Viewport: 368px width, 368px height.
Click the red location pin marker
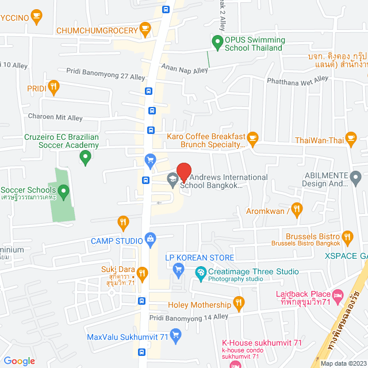pos(183,172)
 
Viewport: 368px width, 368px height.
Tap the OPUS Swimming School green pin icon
pos(217,41)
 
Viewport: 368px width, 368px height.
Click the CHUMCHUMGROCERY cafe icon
pos(145,29)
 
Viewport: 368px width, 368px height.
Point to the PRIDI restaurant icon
pos(53,87)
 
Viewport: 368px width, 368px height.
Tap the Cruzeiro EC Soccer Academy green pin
pos(86,156)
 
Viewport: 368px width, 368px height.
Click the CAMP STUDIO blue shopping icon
pos(151,237)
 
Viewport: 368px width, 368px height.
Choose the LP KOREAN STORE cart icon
pos(178,268)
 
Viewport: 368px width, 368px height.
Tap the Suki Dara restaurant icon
pos(145,271)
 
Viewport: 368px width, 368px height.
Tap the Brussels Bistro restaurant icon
pos(347,236)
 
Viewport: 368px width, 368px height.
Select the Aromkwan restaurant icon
pos(297,209)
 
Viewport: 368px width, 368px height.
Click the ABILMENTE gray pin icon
pos(356,179)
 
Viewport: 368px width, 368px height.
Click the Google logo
pos(20,361)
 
